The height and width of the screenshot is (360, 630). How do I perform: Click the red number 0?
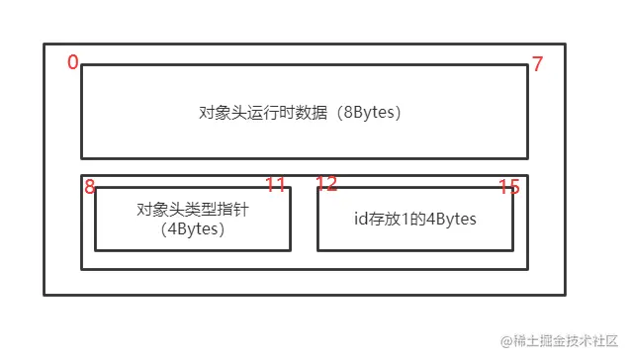pyautogui.click(x=73, y=62)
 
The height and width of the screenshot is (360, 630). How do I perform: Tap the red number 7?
pyautogui.click(x=537, y=64)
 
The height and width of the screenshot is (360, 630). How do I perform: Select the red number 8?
pyautogui.click(x=90, y=187)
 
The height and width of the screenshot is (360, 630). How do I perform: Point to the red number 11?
pyautogui.click(x=275, y=185)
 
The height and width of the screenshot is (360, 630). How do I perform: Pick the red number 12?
pyautogui.click(x=326, y=185)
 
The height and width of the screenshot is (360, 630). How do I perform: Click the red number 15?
pyautogui.click(x=508, y=187)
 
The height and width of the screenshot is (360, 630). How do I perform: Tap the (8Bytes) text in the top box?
pyautogui.click(x=368, y=112)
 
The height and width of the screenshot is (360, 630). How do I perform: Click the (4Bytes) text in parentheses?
pyautogui.click(x=192, y=229)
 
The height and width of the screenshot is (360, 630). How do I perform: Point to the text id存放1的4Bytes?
pyautogui.click(x=414, y=219)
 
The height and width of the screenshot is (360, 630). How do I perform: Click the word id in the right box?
pyautogui.click(x=360, y=219)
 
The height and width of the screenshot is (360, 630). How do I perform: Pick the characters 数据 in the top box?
pyautogui.click(x=315, y=112)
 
